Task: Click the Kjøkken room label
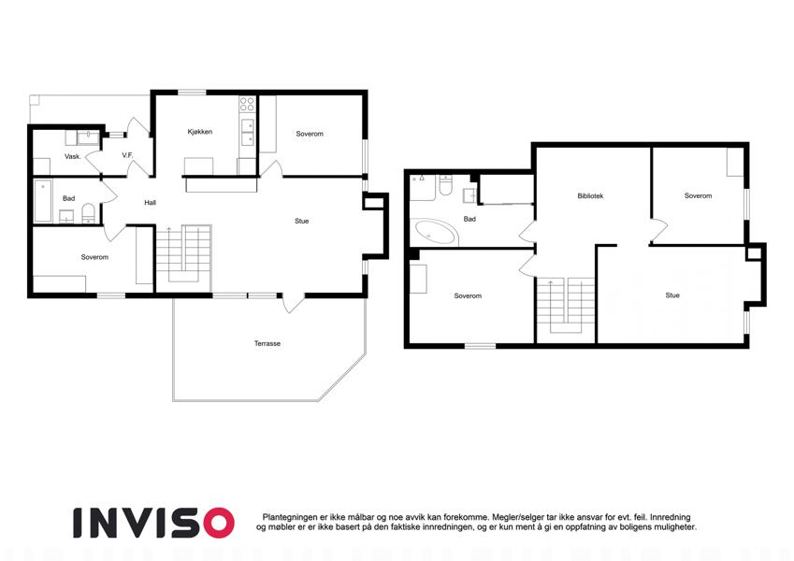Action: click(x=199, y=132)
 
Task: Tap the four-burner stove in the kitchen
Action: click(x=247, y=105)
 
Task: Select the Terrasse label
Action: click(x=267, y=343)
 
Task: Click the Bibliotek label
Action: click(x=590, y=196)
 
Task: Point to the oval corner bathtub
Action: click(x=436, y=233)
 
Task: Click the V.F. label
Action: click(x=127, y=155)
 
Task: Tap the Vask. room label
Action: click(x=72, y=156)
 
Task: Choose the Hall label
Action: click(x=150, y=203)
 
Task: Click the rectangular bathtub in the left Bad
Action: click(x=43, y=201)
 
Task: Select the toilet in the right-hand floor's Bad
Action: click(x=445, y=186)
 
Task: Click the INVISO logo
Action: click(x=153, y=523)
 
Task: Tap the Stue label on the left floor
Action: click(x=302, y=221)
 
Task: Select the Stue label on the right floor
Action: click(x=672, y=295)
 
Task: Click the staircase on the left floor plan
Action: click(x=183, y=254)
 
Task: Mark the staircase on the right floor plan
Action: click(x=566, y=307)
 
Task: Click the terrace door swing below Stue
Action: click(x=294, y=303)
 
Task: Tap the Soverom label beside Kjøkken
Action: click(x=310, y=134)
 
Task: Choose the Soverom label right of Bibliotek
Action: click(x=698, y=195)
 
